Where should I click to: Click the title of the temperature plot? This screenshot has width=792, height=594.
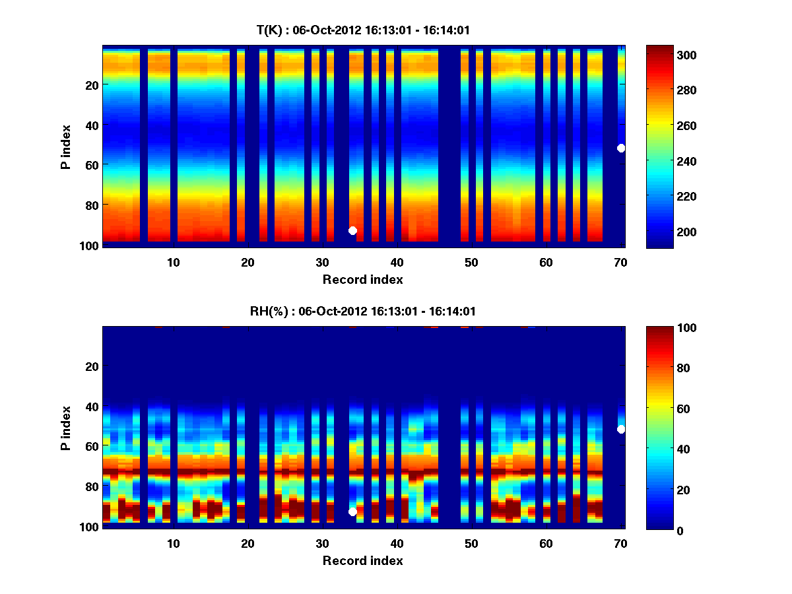(x=363, y=30)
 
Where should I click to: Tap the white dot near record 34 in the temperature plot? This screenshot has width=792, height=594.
(x=352, y=230)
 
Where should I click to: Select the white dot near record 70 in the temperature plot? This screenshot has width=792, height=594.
(x=621, y=148)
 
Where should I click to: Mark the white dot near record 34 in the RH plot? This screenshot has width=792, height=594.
(x=352, y=511)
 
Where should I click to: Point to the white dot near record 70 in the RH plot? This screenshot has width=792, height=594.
(x=621, y=429)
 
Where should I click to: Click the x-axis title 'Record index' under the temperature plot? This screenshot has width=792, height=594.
(x=363, y=279)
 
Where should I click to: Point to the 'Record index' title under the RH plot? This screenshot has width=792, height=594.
(x=363, y=560)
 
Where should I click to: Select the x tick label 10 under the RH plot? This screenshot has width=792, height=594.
(x=173, y=543)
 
